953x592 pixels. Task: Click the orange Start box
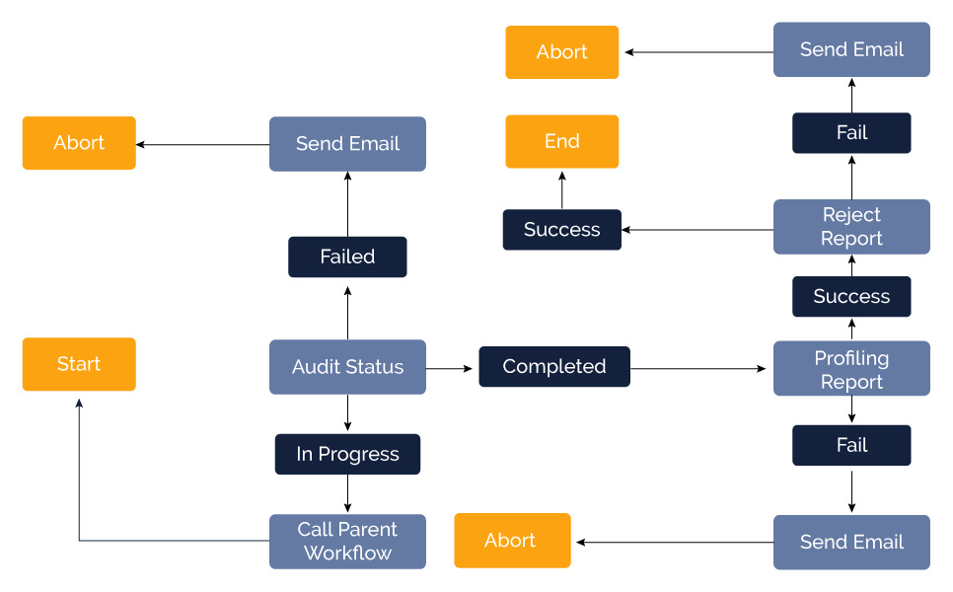pos(79,364)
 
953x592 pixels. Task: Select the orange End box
pos(561,141)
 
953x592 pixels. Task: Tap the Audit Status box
pos(347,367)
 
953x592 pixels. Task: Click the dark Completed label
pos(553,366)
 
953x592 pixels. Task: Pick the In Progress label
pos(347,454)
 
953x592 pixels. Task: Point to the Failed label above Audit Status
pos(347,257)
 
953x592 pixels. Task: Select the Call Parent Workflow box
pos(347,541)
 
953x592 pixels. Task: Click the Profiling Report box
pos(851,369)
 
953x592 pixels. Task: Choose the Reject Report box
pos(851,227)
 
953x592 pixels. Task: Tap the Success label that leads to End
pos(561,230)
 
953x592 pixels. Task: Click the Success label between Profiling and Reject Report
pos(851,296)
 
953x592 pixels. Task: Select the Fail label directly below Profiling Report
pos(851,445)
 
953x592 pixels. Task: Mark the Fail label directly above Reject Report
pos(851,132)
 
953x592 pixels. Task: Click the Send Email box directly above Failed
pos(347,144)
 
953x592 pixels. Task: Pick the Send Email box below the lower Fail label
pos(851,542)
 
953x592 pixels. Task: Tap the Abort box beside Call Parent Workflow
pos(512,541)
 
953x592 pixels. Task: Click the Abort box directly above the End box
pos(561,52)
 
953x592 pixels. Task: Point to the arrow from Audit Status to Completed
pos(452,368)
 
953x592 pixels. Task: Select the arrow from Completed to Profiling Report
pos(698,368)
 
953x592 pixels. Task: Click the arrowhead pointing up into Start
pos(79,404)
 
